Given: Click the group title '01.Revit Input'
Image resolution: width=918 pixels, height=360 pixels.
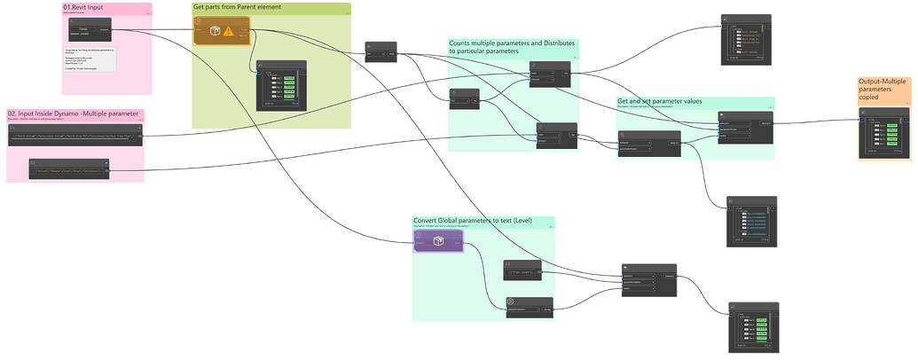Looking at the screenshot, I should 83,8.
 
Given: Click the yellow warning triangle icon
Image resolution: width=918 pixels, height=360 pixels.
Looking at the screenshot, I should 229,31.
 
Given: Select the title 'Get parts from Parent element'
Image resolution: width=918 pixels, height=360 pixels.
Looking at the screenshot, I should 236,7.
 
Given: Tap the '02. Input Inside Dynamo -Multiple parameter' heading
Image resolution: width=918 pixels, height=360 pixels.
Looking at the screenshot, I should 73,113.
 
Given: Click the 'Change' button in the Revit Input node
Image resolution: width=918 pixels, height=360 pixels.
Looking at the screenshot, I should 83,29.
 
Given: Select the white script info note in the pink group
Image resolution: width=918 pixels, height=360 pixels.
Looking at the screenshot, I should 90,60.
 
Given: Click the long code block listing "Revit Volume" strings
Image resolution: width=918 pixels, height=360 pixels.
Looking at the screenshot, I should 75,135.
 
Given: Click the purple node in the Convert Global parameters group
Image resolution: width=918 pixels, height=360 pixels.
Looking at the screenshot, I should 437,240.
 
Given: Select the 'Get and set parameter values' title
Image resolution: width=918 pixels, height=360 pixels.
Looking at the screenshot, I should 660,101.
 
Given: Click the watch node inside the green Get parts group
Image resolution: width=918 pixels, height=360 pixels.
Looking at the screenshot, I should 280,84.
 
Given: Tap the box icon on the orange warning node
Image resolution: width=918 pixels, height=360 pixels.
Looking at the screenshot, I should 214,31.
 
